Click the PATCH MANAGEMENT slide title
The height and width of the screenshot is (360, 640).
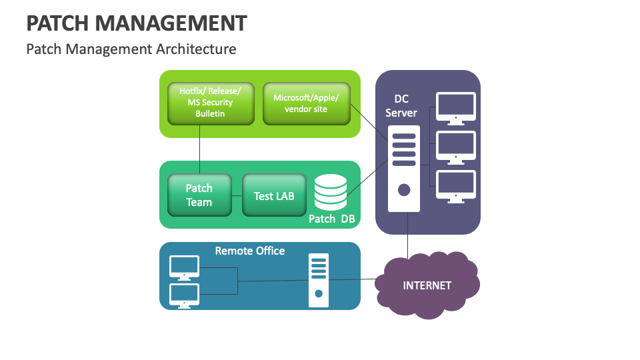point(137,23)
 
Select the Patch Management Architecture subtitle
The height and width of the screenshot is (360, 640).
point(131,49)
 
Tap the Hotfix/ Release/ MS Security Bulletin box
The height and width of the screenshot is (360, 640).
point(210,103)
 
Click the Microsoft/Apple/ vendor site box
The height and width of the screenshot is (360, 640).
point(306,103)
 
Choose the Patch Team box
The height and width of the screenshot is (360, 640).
point(199,195)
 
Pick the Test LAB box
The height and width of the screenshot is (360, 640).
point(274,195)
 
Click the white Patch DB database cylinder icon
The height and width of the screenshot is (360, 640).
point(330,191)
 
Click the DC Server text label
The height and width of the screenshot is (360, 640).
point(401,105)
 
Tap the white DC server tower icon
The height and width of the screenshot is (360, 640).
point(404,168)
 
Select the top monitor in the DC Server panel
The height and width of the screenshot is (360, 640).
point(456,107)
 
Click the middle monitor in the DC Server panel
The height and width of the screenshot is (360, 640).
point(456,146)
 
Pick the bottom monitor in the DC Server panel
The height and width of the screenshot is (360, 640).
point(456,185)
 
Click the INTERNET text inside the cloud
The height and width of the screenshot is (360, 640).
point(427,285)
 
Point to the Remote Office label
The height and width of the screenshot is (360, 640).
point(250,251)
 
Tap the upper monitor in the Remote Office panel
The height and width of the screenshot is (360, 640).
point(185,267)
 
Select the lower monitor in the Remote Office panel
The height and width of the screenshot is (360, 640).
point(185,295)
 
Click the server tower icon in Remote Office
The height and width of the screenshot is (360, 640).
point(319,281)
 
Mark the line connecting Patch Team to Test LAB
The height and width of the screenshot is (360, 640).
point(237,195)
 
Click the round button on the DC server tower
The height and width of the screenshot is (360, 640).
point(404,189)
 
